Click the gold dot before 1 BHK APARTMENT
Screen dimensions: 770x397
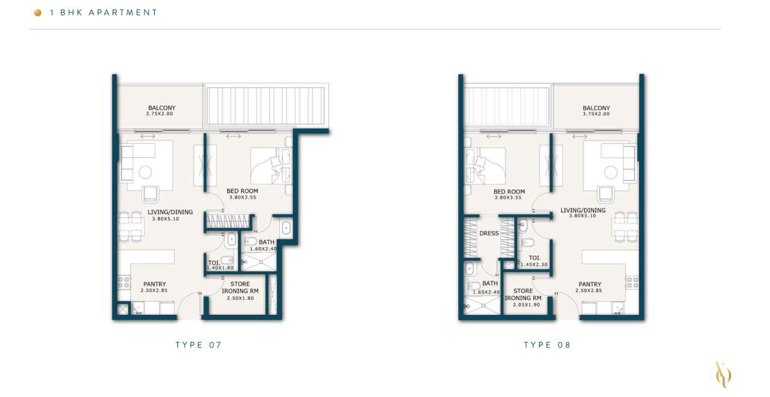(38, 13)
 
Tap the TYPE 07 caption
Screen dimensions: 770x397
(199, 345)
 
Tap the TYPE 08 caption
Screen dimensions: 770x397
(547, 345)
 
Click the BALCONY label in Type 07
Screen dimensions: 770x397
(162, 108)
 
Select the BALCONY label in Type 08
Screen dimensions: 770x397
(596, 108)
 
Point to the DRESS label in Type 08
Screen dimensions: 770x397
(489, 233)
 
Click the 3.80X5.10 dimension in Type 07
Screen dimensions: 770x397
(166, 219)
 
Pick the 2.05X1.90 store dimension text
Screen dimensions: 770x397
(526, 305)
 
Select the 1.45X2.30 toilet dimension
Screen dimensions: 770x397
(534, 265)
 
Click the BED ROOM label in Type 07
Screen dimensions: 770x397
(243, 191)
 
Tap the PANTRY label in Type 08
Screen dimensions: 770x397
(590, 284)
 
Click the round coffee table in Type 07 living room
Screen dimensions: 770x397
(145, 173)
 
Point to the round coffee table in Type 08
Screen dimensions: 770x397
(611, 173)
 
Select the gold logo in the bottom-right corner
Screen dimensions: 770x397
(723, 375)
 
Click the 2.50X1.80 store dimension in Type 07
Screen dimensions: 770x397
(240, 298)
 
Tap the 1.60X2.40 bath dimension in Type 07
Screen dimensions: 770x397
(263, 249)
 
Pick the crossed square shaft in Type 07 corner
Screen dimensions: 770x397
(123, 309)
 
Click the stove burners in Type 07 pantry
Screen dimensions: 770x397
(124, 282)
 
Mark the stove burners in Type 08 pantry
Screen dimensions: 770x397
(632, 282)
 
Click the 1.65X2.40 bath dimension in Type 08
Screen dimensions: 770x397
(486, 292)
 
